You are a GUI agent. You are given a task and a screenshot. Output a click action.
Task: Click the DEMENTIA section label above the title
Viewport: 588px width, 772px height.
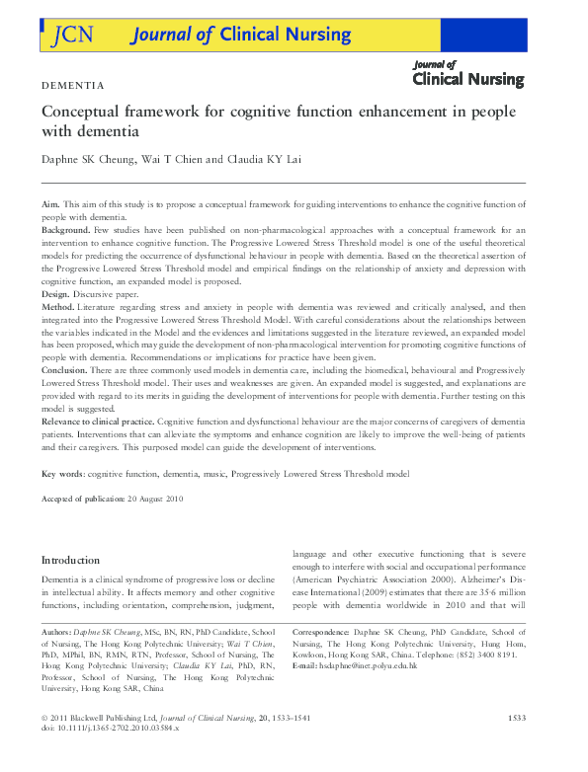(x=72, y=86)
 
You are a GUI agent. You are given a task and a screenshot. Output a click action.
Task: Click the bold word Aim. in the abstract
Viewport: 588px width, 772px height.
(x=50, y=201)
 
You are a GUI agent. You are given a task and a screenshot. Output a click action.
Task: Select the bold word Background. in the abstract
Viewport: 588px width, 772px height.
(x=65, y=228)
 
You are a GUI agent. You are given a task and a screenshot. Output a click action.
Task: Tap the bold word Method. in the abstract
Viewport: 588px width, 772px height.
(x=59, y=308)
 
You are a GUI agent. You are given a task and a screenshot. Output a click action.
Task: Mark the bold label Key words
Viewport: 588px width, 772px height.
(x=61, y=474)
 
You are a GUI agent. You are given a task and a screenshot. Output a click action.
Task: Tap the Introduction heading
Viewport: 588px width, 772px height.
(x=70, y=560)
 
